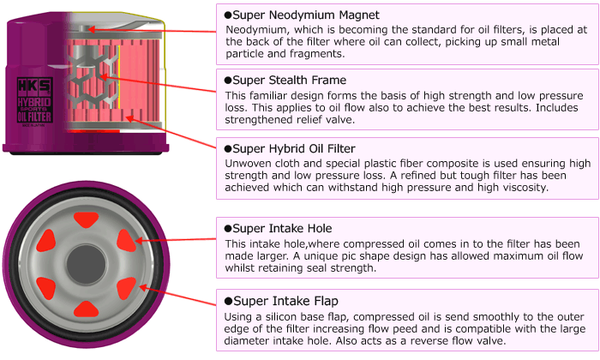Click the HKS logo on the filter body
pos(31,87)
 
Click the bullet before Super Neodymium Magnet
pos(228,15)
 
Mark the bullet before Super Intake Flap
pos(228,301)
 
